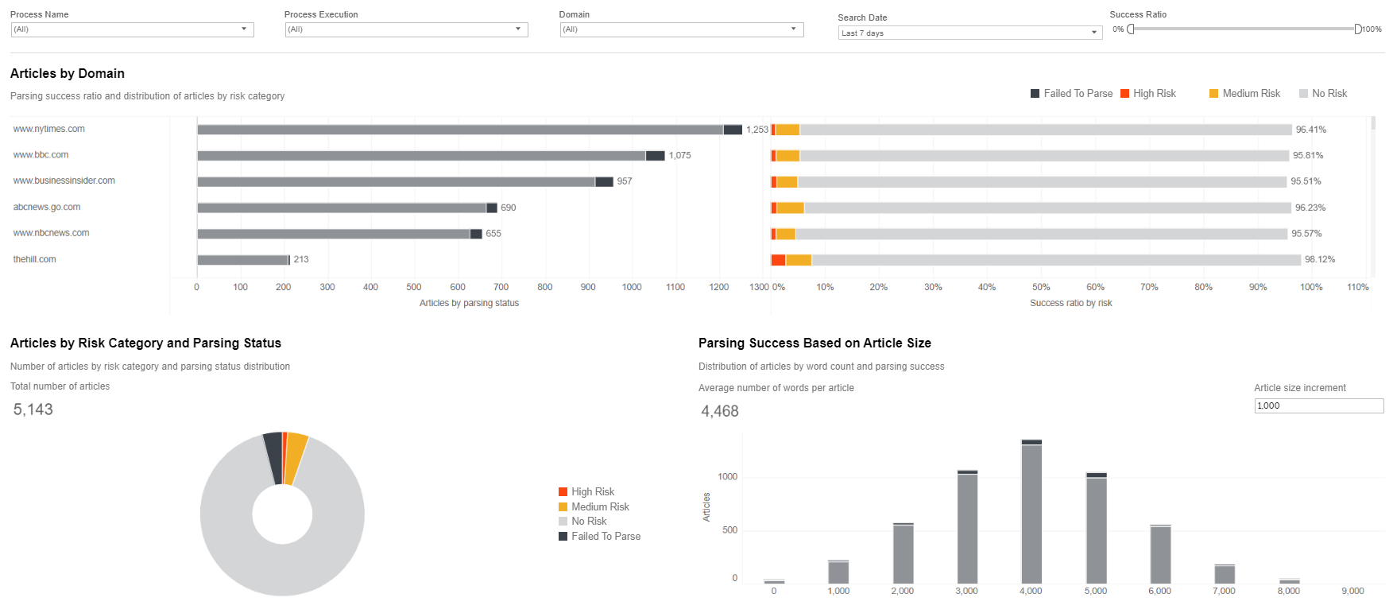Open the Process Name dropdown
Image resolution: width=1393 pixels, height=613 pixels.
[x=132, y=29]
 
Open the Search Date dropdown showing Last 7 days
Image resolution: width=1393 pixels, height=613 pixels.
[x=970, y=33]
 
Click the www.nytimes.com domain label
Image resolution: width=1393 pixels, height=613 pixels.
[x=49, y=129]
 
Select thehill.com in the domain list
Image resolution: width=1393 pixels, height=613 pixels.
[x=35, y=259]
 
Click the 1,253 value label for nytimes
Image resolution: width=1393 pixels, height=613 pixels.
[x=757, y=130]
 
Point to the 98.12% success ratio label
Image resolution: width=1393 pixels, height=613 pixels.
[x=1320, y=259]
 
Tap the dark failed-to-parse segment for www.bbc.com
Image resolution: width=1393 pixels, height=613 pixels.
[x=656, y=156]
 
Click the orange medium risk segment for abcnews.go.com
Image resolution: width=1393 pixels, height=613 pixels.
[x=790, y=208]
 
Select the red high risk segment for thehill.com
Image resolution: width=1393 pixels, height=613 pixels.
[x=778, y=260]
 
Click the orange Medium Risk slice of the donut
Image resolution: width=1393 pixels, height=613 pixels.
[x=296, y=456]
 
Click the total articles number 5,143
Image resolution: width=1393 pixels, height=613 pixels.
[x=33, y=409]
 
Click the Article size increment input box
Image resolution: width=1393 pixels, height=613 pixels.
[x=1318, y=405]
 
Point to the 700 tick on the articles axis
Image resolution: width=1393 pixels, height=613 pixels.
[x=501, y=287]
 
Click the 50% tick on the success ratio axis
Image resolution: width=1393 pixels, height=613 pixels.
[x=1041, y=287]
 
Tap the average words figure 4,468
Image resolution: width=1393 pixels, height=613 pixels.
[x=720, y=411]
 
